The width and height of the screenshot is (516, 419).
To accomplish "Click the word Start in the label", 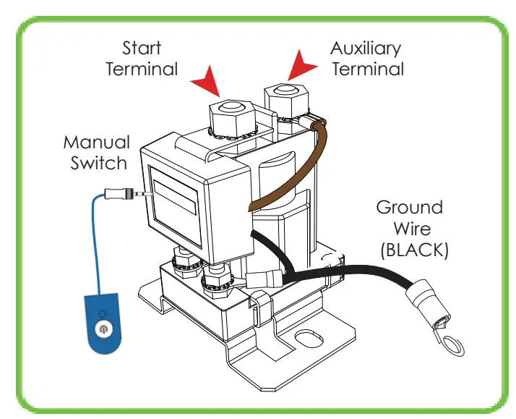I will click(x=141, y=49).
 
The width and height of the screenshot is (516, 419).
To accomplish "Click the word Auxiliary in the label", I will click(x=366, y=49).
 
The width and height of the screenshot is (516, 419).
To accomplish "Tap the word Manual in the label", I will click(x=96, y=142).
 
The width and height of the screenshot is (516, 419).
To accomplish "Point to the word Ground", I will click(x=409, y=208).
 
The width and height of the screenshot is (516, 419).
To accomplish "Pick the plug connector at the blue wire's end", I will click(x=123, y=194).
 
